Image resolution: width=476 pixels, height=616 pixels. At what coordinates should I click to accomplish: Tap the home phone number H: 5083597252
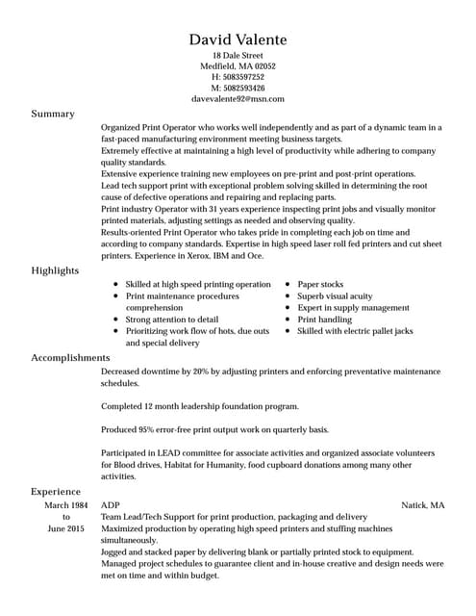[x=238, y=77]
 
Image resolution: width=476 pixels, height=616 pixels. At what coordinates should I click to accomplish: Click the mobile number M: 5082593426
[x=238, y=88]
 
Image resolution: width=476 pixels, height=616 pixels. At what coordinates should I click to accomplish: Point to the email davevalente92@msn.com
[x=238, y=98]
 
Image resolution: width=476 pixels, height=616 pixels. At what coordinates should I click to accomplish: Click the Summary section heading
[x=53, y=114]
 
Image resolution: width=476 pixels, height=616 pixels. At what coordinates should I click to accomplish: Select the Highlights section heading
[x=55, y=270]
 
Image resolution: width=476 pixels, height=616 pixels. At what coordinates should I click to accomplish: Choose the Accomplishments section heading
[x=70, y=358]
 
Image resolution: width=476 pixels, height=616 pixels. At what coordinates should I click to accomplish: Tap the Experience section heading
[x=56, y=491]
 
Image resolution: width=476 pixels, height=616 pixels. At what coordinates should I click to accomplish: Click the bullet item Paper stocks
[x=320, y=285]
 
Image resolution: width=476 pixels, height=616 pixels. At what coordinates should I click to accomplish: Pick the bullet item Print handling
[x=325, y=320]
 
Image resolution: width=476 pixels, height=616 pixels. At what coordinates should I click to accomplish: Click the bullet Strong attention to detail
[x=172, y=320]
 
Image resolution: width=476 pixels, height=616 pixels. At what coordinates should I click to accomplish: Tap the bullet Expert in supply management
[x=353, y=308]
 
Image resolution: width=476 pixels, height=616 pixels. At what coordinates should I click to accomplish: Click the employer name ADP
[x=111, y=504]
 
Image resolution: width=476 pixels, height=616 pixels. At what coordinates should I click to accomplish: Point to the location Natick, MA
[x=423, y=504]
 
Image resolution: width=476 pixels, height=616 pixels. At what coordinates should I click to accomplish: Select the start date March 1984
[x=66, y=504]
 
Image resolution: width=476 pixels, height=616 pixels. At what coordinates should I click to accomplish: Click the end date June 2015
[x=66, y=528]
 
